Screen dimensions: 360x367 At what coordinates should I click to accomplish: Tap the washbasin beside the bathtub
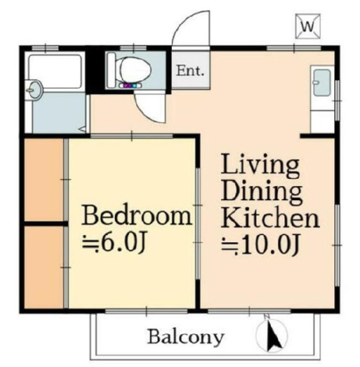(34, 90)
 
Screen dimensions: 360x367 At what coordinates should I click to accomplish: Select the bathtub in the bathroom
(55, 71)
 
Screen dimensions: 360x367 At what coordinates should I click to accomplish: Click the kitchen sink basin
(322, 83)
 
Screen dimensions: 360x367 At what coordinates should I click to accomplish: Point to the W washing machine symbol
(308, 26)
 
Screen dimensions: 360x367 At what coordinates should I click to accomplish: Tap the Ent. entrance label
(190, 71)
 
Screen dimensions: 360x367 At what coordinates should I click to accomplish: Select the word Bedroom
(136, 216)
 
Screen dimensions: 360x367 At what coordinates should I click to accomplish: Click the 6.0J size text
(114, 242)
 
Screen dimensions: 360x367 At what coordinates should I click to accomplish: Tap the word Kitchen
(271, 217)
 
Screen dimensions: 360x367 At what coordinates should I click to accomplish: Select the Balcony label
(186, 337)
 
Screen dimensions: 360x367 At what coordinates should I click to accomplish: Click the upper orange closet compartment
(44, 179)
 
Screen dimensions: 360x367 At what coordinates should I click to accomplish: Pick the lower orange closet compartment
(44, 267)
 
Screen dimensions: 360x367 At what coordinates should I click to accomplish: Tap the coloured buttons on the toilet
(130, 85)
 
